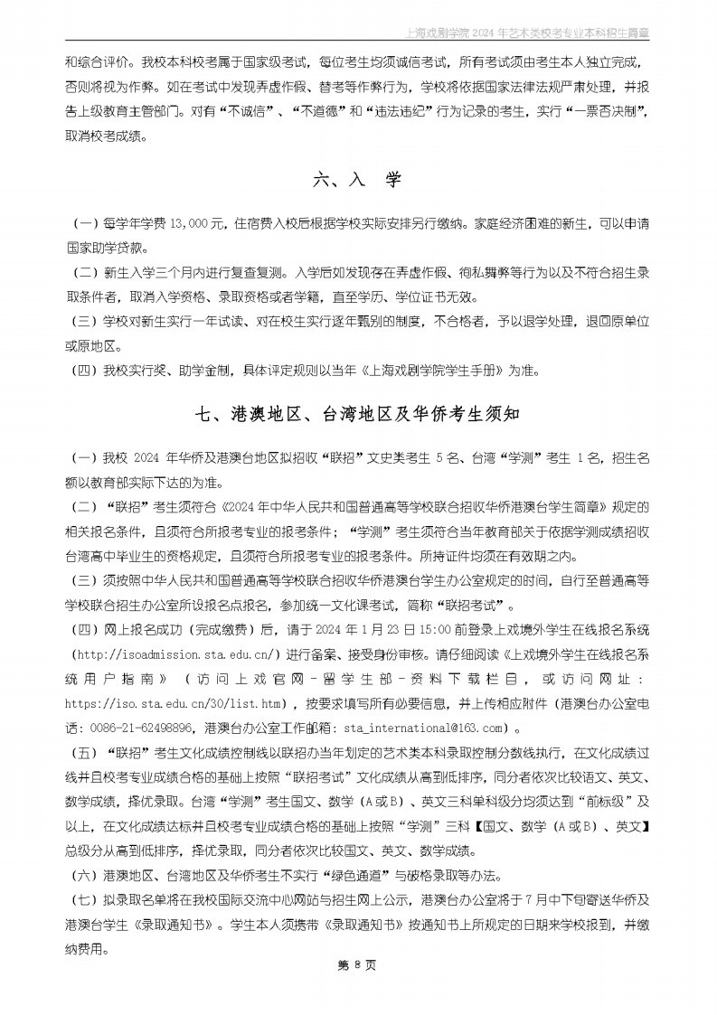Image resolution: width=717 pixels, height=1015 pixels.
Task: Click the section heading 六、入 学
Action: pyautogui.click(x=357, y=181)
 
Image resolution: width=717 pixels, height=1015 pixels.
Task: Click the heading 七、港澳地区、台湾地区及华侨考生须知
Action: pyautogui.click(x=358, y=415)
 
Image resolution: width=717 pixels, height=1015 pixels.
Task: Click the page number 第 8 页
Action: pyautogui.click(x=357, y=965)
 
